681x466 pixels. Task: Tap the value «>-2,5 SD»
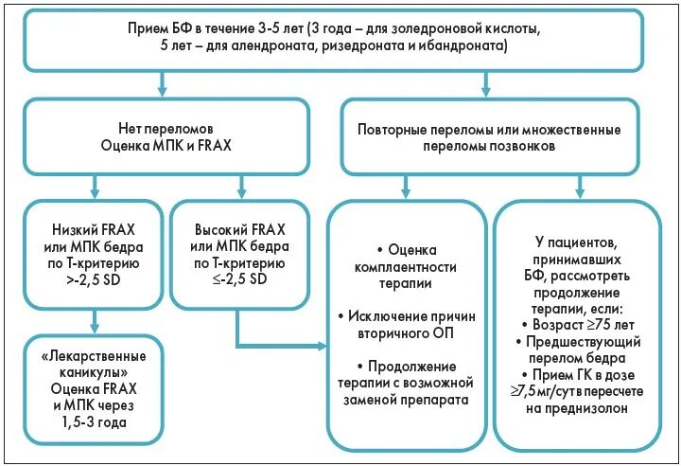tap(93, 281)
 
